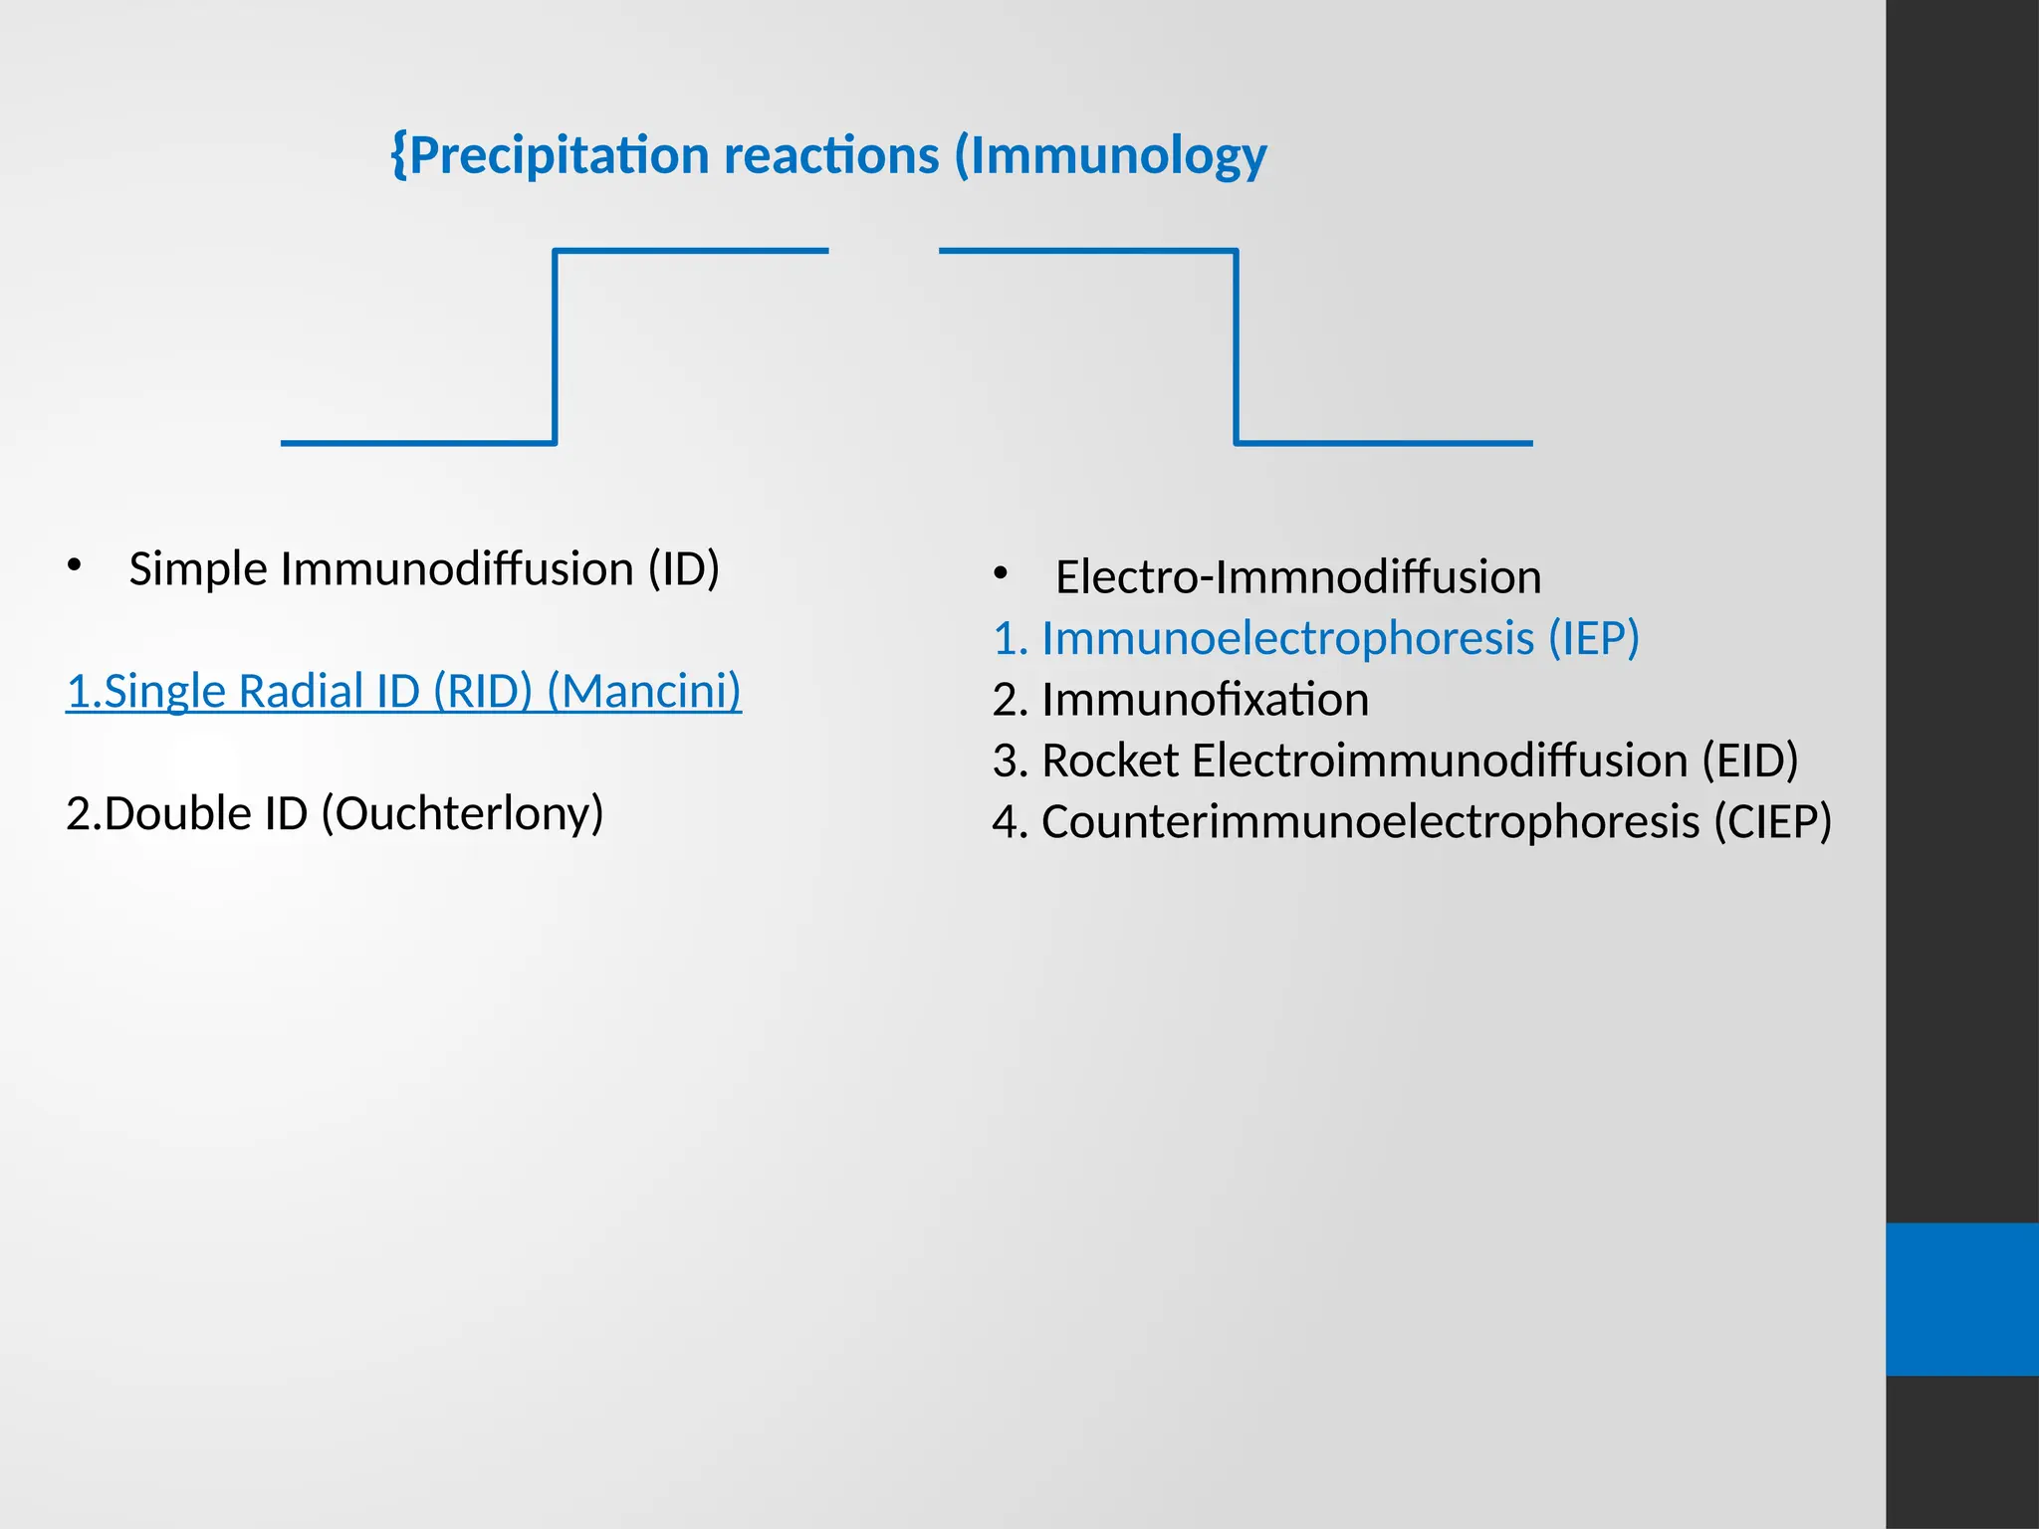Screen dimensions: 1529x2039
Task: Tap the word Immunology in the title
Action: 1117,156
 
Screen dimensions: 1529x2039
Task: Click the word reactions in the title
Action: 831,156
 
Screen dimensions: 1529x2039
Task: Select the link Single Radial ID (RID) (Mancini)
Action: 403,691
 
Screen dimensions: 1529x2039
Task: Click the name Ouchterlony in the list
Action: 463,814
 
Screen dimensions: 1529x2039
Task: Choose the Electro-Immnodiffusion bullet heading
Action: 1297,577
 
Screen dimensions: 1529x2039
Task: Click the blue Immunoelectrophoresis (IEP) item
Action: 1315,638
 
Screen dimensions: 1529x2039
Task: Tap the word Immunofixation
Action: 1205,700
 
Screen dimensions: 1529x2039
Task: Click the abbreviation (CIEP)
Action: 1771,822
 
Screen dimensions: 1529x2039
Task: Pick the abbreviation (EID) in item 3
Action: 1749,761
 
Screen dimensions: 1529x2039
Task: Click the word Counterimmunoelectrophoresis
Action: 1370,822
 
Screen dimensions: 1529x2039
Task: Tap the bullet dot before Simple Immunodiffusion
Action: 74,566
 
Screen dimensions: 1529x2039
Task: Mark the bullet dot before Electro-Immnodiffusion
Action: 1001,573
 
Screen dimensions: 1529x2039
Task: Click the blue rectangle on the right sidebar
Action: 1961,1298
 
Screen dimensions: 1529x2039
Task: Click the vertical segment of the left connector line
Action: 555,346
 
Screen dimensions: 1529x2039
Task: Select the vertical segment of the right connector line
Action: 1236,346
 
